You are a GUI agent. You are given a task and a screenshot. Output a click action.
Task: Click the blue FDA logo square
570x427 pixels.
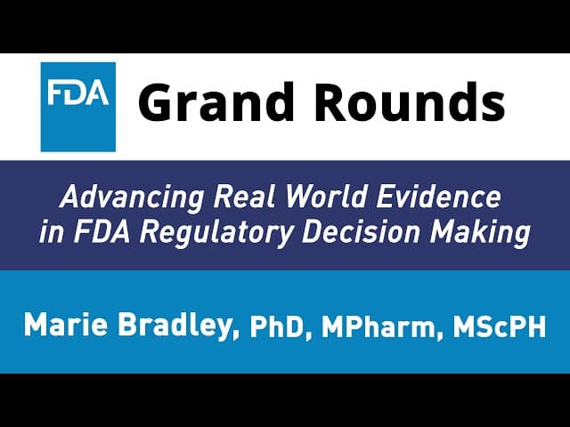tap(78, 107)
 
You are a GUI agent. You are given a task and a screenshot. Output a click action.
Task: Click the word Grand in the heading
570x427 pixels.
tap(216, 101)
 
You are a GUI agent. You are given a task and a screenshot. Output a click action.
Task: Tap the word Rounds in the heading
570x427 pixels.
tap(410, 101)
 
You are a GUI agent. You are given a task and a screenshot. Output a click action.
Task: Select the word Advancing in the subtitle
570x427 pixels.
tap(132, 198)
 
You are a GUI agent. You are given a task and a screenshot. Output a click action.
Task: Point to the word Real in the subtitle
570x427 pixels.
tap(244, 197)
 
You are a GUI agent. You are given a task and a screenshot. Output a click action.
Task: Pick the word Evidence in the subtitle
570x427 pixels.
tap(438, 197)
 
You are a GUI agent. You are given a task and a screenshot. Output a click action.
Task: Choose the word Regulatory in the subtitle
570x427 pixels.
tap(216, 234)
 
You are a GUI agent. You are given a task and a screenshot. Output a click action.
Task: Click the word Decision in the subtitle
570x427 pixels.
tap(361, 231)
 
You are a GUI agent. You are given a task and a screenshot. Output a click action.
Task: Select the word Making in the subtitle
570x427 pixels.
tap(480, 234)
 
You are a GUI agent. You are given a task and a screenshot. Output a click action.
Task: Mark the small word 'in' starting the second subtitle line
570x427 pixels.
tap(52, 231)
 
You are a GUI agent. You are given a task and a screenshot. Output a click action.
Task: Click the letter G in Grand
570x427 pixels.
tap(157, 102)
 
